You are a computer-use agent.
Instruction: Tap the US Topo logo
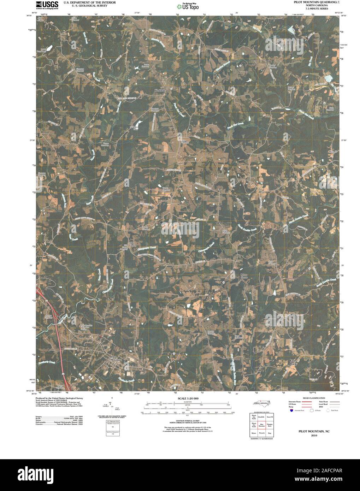(188, 6)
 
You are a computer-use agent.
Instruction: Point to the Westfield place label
(160, 90)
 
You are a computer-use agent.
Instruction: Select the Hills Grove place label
(132, 244)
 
